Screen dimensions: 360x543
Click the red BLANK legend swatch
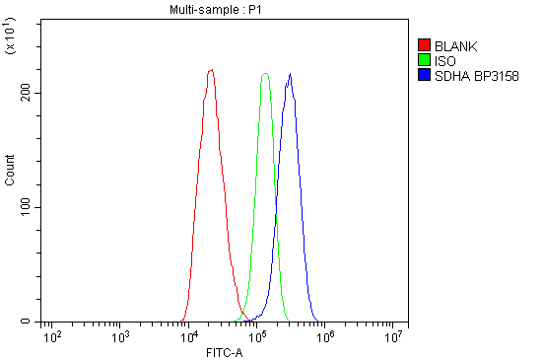pyautogui.click(x=424, y=45)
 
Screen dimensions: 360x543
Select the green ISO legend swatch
pyautogui.click(x=424, y=60)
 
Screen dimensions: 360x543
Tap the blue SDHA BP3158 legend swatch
pyautogui.click(x=424, y=75)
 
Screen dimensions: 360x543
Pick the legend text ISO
pyautogui.click(x=444, y=60)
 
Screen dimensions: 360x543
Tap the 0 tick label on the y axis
pyautogui.click(x=30, y=322)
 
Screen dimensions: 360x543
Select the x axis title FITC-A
pyautogui.click(x=225, y=352)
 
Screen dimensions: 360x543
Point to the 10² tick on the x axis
pyautogui.click(x=52, y=335)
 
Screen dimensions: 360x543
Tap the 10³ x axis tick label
pyautogui.click(x=120, y=335)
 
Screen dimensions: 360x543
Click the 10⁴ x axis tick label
pyautogui.click(x=189, y=335)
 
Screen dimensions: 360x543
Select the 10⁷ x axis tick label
pyautogui.click(x=396, y=335)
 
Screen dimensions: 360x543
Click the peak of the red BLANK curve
pyautogui.click(x=211, y=70)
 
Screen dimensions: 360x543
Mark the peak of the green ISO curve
pyautogui.click(x=265, y=73)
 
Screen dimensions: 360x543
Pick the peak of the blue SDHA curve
pyautogui.click(x=290, y=73)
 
